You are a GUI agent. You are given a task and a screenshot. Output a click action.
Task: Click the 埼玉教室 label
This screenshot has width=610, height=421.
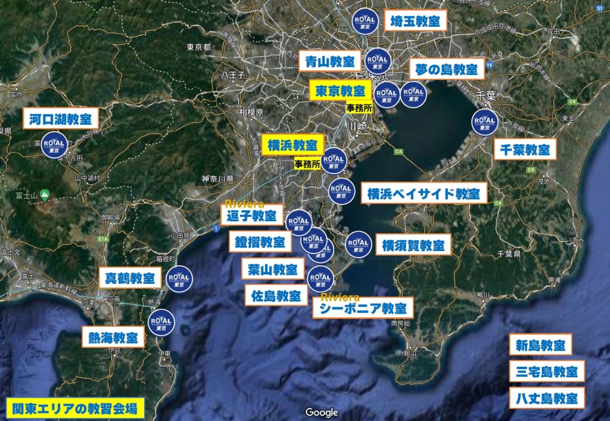415,22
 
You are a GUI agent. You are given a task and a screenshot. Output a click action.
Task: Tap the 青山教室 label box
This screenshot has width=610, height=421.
330,61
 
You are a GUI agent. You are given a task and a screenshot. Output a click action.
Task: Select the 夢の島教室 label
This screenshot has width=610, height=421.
447,69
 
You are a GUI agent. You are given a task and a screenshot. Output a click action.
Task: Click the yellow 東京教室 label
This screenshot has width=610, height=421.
340,92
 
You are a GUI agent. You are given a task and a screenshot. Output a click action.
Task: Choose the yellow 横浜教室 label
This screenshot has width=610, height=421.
292,145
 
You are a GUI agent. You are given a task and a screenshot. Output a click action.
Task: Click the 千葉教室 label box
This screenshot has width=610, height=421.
525,149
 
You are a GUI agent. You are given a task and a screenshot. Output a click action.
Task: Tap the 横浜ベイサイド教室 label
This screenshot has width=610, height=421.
424,193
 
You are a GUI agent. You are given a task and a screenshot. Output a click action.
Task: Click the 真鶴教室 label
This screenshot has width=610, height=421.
130,278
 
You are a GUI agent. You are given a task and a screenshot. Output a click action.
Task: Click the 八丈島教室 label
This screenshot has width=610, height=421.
547,398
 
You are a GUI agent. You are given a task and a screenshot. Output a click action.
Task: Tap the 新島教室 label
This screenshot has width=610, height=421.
540,345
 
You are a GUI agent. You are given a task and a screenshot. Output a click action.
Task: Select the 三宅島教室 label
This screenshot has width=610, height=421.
547,372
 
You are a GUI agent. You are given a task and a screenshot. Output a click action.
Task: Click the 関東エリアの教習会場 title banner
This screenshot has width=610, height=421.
75,408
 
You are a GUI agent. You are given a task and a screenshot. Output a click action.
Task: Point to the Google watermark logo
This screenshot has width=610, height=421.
322,412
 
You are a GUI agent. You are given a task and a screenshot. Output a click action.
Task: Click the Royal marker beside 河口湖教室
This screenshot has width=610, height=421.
54,145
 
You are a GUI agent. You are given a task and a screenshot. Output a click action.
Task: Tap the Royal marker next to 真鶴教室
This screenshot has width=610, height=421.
179,278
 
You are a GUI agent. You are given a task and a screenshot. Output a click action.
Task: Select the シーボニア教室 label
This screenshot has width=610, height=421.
363,308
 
